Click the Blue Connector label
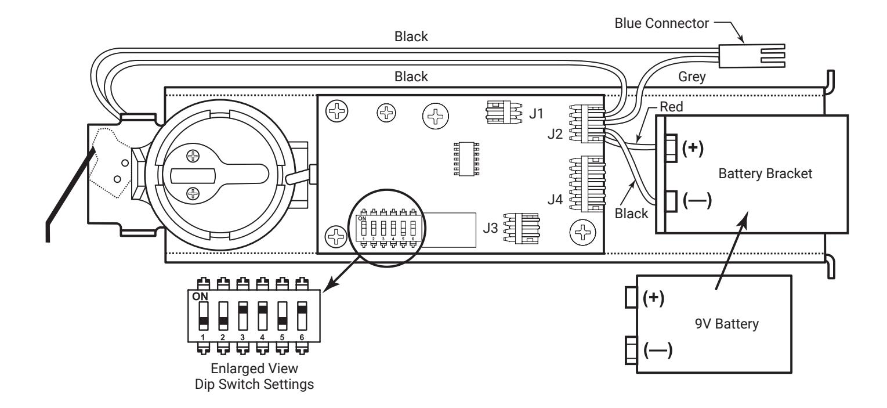[661, 23]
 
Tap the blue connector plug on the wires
[752, 56]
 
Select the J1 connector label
[536, 114]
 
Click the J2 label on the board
[555, 134]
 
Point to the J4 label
[555, 199]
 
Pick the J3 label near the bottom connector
[490, 228]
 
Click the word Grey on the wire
[692, 77]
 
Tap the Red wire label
[671, 107]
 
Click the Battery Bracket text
[765, 174]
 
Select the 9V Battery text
[727, 324]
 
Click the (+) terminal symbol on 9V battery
[653, 298]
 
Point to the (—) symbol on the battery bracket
[697, 200]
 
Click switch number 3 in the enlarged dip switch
[242, 316]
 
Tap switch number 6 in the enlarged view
[302, 316]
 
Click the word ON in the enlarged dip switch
[200, 297]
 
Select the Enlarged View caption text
[254, 369]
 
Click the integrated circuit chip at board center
[466, 158]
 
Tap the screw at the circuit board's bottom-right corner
[582, 232]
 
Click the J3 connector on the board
[522, 228]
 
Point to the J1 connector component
[504, 112]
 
